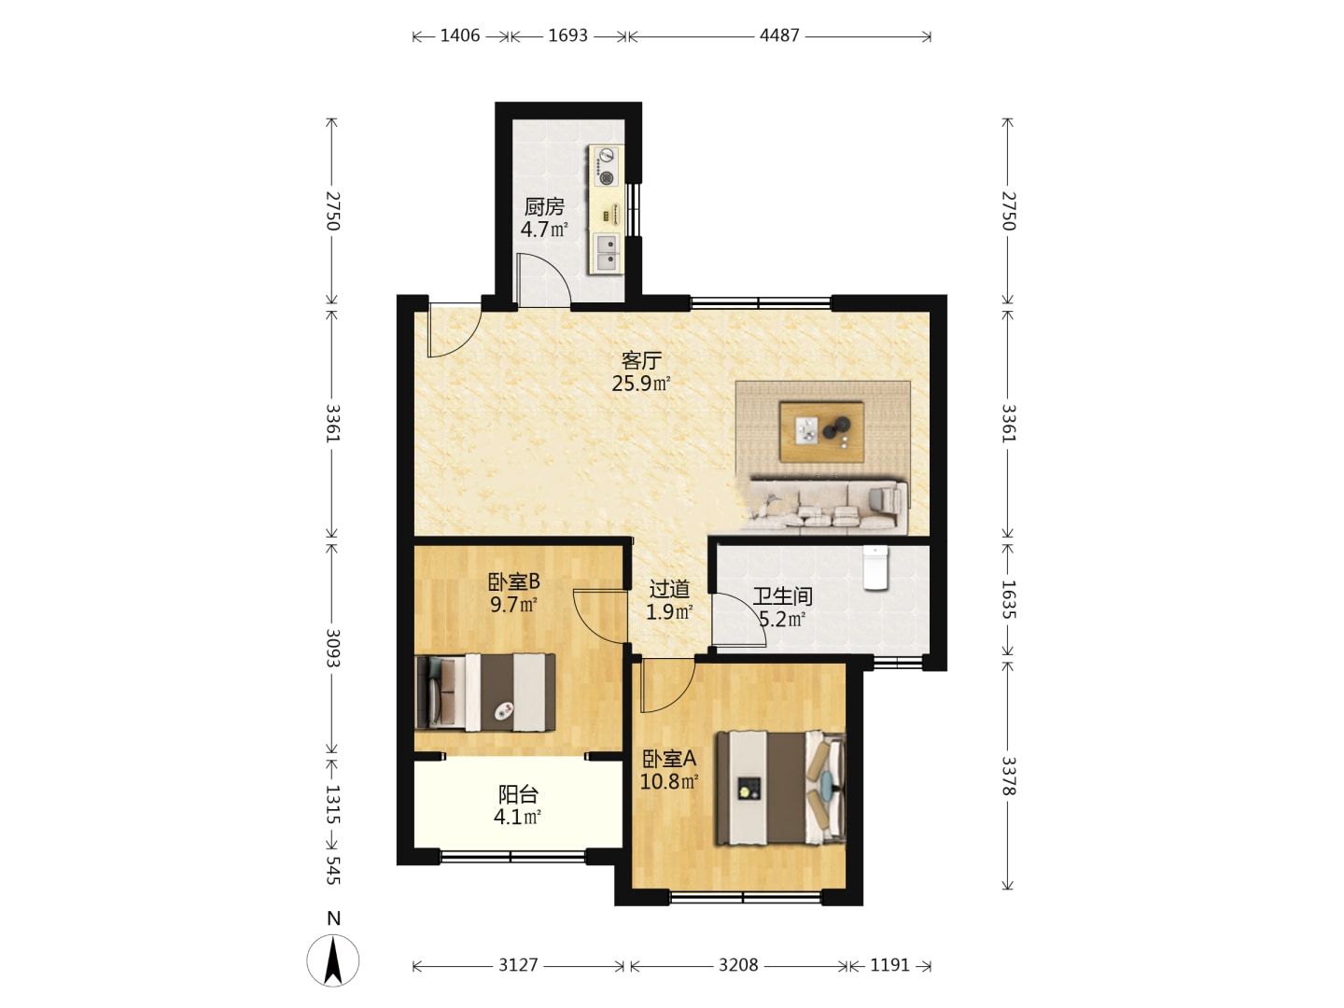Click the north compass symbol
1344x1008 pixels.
click(332, 960)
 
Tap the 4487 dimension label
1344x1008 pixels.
click(778, 35)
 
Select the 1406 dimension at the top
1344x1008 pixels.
click(460, 35)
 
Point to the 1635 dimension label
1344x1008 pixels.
click(1008, 599)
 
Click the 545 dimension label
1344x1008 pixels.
click(332, 870)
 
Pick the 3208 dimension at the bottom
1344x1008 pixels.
click(738, 965)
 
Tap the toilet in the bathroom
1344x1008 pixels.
click(875, 567)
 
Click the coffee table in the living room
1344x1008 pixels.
click(821, 431)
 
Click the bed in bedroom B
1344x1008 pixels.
click(485, 693)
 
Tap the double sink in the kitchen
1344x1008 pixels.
click(607, 253)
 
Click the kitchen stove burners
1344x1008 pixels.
click(606, 166)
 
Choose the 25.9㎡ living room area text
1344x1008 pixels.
click(641, 384)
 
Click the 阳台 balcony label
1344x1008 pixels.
click(518, 794)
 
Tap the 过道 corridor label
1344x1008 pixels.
click(669, 589)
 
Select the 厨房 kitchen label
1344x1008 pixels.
click(544, 207)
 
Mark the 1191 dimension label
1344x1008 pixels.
click(889, 965)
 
